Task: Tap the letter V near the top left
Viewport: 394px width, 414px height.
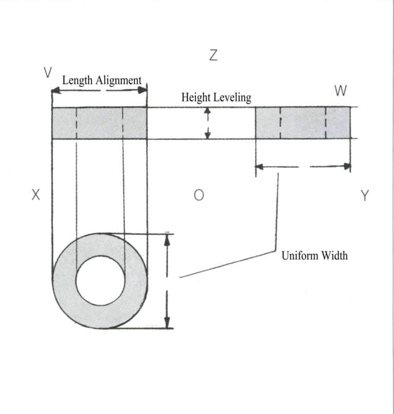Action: coord(47,72)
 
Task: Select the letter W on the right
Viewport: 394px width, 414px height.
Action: coord(340,91)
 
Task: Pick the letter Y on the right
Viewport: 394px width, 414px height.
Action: coord(364,195)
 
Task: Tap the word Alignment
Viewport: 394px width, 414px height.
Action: coord(118,80)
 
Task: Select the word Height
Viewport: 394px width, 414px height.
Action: coord(196,97)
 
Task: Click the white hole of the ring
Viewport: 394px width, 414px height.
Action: coord(101,281)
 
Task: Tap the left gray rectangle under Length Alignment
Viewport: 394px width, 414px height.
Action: coord(100,123)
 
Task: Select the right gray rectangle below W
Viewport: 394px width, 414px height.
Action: coord(303,123)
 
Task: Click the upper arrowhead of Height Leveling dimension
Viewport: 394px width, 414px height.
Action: coord(208,111)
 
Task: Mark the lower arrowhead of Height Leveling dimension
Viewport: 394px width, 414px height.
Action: coord(208,135)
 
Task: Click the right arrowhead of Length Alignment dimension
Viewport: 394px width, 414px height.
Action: coord(144,90)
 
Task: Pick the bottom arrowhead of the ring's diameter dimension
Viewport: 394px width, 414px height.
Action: coord(166,323)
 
